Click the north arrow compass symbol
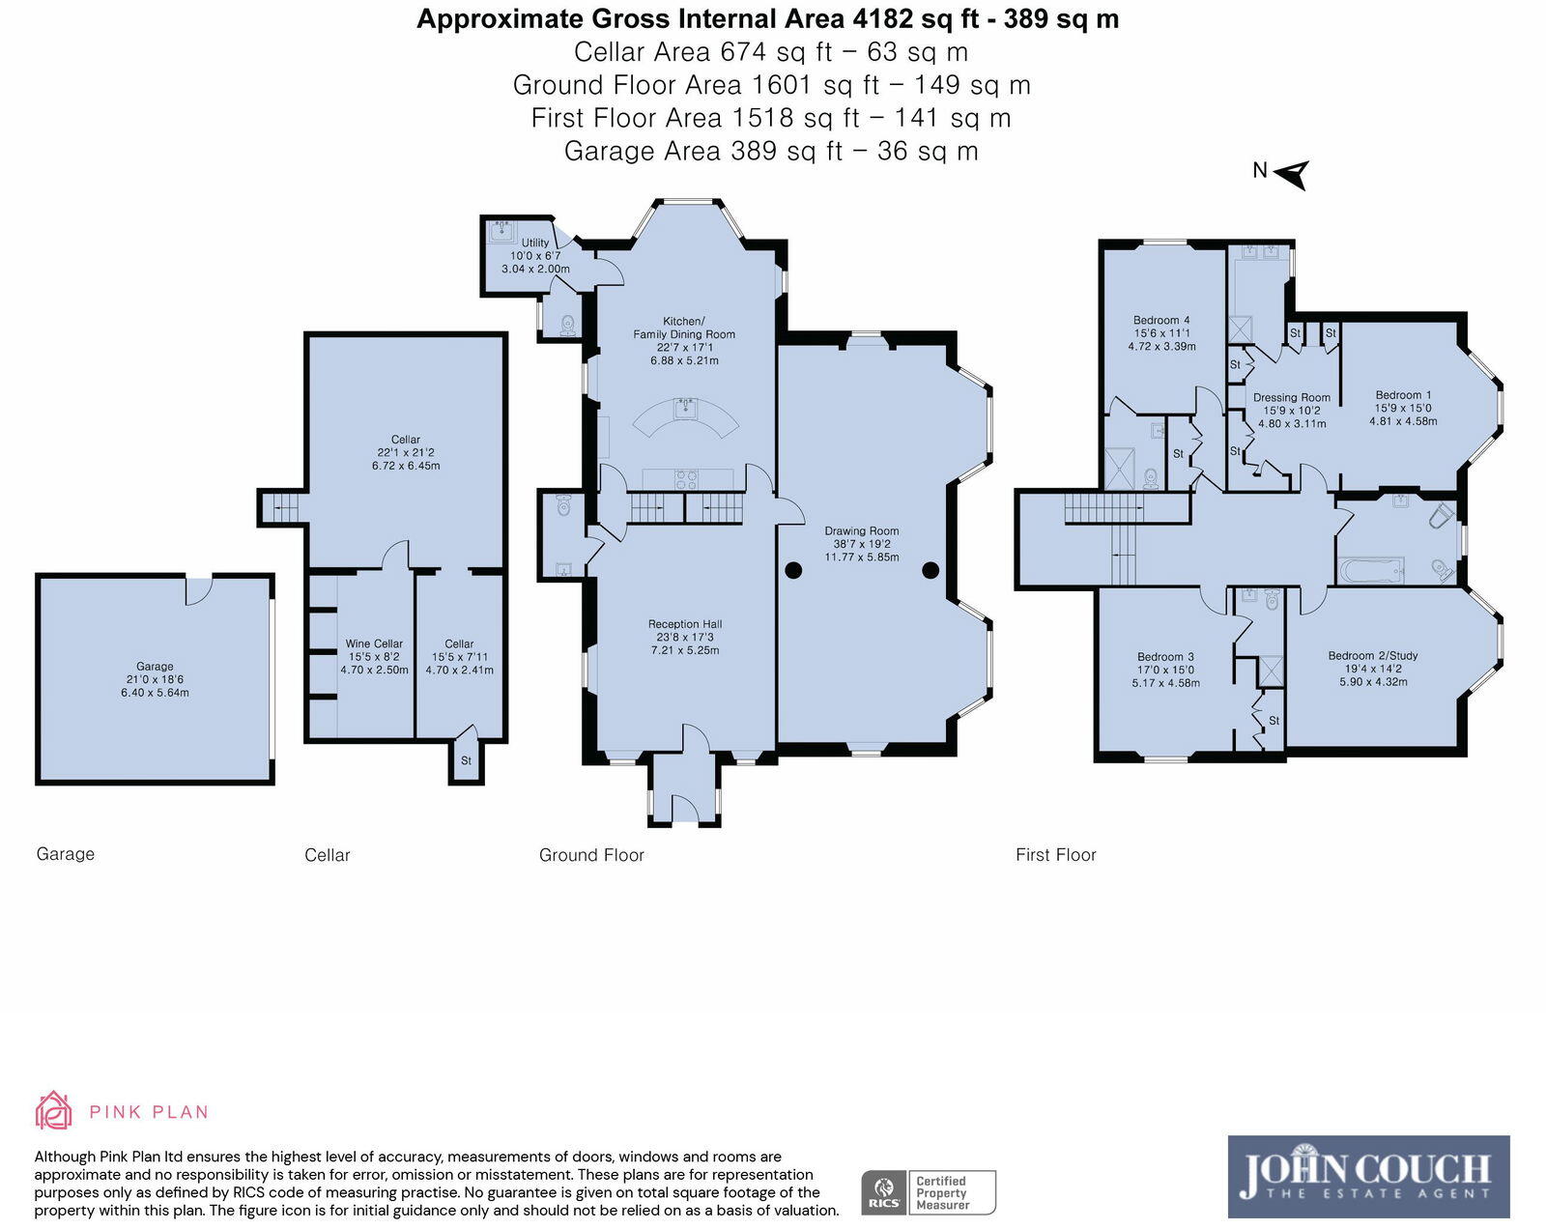tap(1293, 175)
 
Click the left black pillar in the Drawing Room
tap(793, 570)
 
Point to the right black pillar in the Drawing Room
tap(930, 570)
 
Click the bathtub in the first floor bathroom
tap(1371, 572)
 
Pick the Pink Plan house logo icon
tap(54, 1110)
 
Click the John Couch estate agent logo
tap(1368, 1177)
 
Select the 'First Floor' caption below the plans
tap(1055, 855)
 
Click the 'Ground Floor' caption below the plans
tap(591, 855)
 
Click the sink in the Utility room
tap(501, 232)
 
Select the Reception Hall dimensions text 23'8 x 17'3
tap(685, 637)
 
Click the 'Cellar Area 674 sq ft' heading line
tap(771, 52)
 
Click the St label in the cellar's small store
tap(466, 760)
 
